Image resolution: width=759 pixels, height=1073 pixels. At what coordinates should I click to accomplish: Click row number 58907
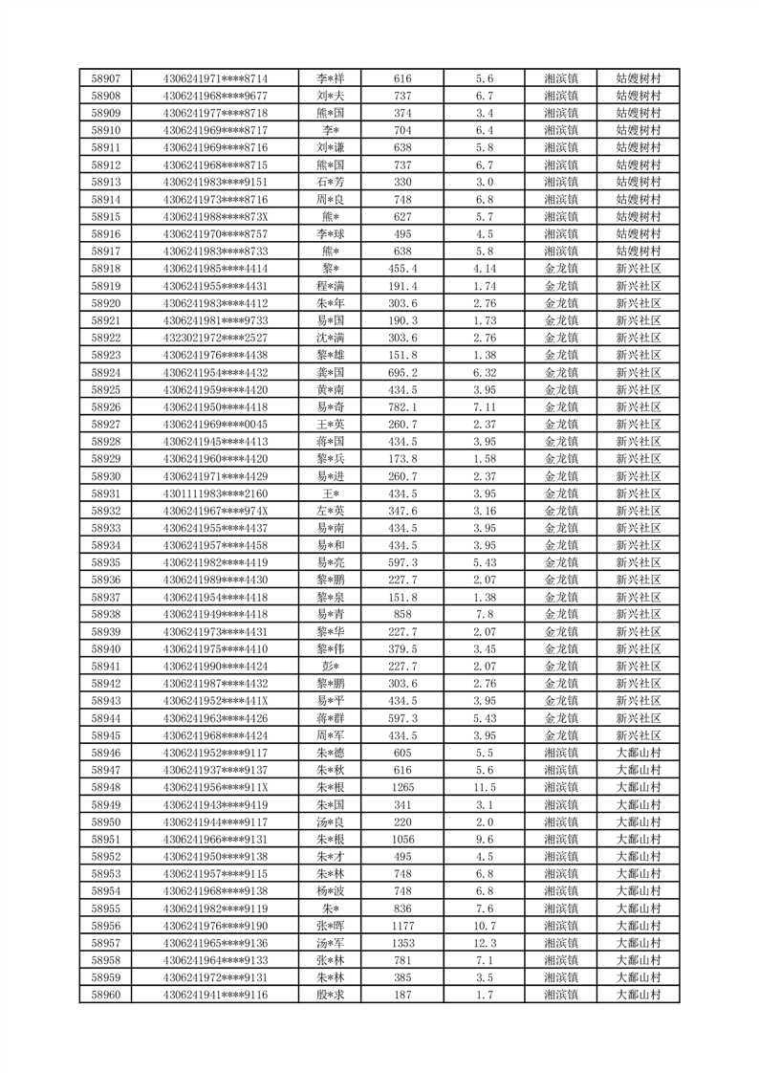(x=105, y=78)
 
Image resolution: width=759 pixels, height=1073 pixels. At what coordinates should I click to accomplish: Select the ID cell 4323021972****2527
(x=215, y=338)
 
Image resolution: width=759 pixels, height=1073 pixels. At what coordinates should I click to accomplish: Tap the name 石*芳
(x=331, y=182)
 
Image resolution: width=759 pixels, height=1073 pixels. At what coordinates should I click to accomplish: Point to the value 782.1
(x=402, y=406)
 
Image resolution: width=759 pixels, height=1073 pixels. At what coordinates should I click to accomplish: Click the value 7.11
(x=484, y=406)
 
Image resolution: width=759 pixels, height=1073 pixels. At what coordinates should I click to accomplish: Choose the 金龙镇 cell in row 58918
(x=560, y=269)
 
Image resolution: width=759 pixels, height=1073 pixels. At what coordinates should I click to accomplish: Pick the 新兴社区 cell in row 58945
(x=639, y=735)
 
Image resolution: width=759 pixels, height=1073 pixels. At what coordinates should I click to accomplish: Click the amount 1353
(x=402, y=943)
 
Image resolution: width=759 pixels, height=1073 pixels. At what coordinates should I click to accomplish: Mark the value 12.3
(x=484, y=943)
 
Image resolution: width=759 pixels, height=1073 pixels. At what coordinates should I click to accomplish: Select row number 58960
(x=105, y=995)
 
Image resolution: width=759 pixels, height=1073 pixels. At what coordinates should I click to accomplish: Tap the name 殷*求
(x=331, y=995)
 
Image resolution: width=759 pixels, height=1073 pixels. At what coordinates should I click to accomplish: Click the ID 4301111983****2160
(x=215, y=493)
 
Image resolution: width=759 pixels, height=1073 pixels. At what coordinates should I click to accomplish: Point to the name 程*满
(x=331, y=286)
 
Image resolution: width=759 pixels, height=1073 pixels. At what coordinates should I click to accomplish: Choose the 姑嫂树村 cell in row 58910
(x=639, y=130)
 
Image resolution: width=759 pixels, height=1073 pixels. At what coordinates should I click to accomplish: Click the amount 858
(x=402, y=614)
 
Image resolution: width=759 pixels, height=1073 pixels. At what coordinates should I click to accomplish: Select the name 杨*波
(x=331, y=891)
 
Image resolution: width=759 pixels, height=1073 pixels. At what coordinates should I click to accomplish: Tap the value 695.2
(x=402, y=372)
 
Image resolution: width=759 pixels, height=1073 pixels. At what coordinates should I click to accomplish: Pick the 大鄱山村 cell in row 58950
(x=639, y=821)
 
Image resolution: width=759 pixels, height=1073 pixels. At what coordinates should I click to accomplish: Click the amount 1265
(x=402, y=787)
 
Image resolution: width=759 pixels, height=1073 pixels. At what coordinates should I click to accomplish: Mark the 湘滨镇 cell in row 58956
(x=560, y=926)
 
